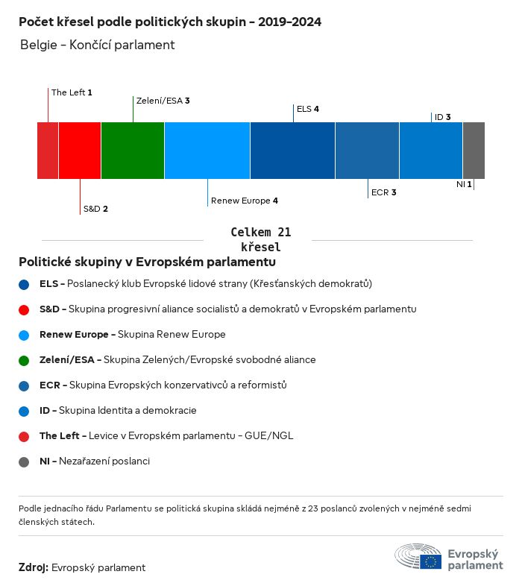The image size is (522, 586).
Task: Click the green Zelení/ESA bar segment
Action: pyautogui.click(x=133, y=151)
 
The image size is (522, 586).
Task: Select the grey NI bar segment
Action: pyautogui.click(x=474, y=151)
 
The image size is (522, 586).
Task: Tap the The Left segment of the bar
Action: pyautogui.click(x=48, y=151)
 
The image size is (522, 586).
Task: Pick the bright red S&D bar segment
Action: pyautogui.click(x=80, y=151)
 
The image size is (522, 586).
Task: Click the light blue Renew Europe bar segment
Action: pyautogui.click(x=207, y=151)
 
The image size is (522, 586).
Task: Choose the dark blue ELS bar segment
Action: pyautogui.click(x=292, y=151)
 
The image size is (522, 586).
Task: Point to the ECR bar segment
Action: pyautogui.click(x=367, y=151)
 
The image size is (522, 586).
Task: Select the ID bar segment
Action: pyautogui.click(x=431, y=151)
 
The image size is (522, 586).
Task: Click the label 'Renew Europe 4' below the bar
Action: pyautogui.click(x=245, y=201)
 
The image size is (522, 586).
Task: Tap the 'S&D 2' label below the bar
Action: pyautogui.click(x=95, y=209)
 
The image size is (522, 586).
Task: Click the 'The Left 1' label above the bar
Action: pyautogui.click(x=72, y=92)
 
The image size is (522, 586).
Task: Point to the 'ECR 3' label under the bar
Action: pyautogui.click(x=383, y=192)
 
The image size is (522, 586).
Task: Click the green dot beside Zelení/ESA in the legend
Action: pyautogui.click(x=25, y=360)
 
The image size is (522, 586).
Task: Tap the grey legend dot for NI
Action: pyautogui.click(x=25, y=461)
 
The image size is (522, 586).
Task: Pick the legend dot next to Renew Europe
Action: pyautogui.click(x=25, y=335)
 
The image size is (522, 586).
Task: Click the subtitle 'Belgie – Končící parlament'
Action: pyautogui.click(x=97, y=45)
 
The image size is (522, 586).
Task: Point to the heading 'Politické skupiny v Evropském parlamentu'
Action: pyautogui.click(x=147, y=262)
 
